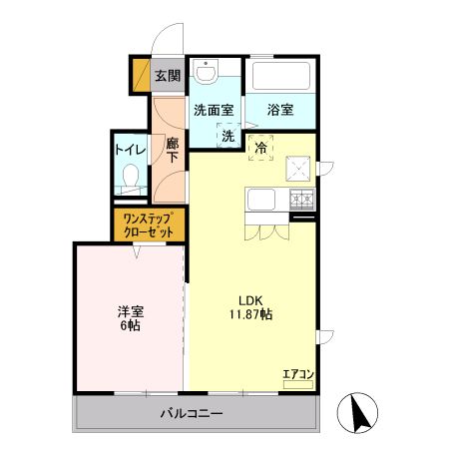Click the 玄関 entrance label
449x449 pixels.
(x=168, y=75)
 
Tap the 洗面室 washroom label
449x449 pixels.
(x=213, y=110)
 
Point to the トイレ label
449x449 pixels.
(x=130, y=150)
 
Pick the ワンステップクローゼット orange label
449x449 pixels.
(x=149, y=224)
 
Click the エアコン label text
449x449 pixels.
(x=298, y=374)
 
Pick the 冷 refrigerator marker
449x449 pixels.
(x=261, y=149)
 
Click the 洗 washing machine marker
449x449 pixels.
(x=227, y=135)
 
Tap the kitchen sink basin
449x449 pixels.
(x=263, y=201)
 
